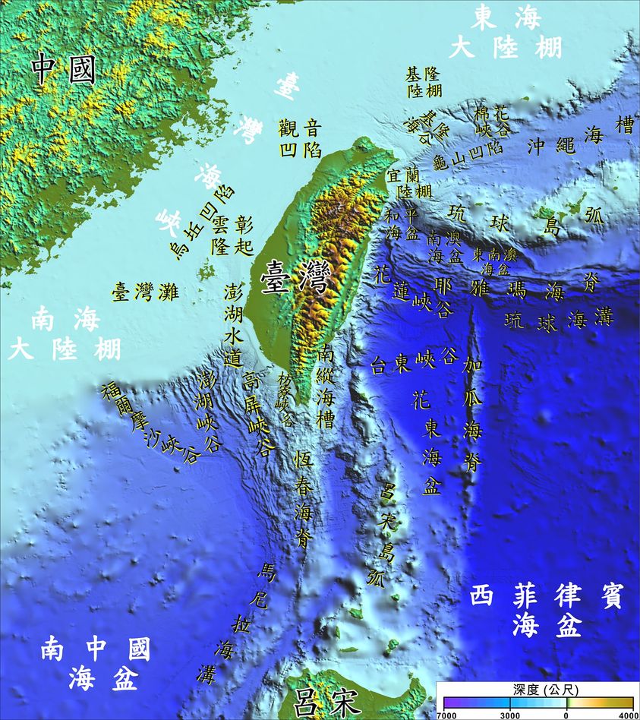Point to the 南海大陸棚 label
click(x=65, y=335)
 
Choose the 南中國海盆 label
click(x=94, y=663)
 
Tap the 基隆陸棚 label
click(x=424, y=82)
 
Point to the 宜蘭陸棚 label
click(x=408, y=182)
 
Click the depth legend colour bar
click(x=536, y=703)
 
